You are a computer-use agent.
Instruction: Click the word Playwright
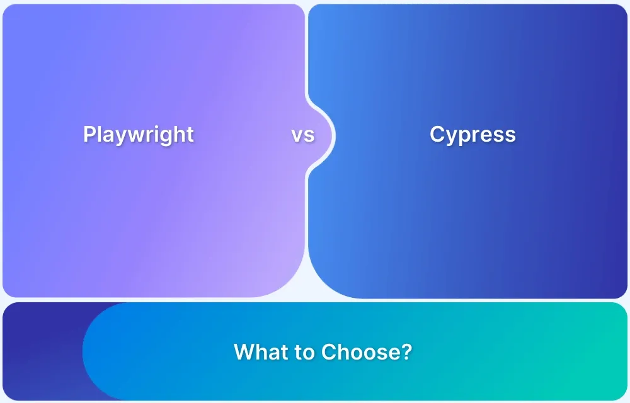pyautogui.click(x=139, y=135)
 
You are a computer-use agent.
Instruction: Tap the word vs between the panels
pyautogui.click(x=303, y=135)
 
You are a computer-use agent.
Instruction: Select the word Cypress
pyautogui.click(x=473, y=135)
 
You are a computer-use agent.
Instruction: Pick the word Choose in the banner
pyautogui.click(x=357, y=351)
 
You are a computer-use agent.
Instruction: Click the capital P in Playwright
pyautogui.click(x=89, y=133)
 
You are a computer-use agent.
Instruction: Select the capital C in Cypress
pyautogui.click(x=438, y=134)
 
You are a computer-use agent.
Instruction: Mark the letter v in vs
pyautogui.click(x=297, y=135)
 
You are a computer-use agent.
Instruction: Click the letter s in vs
pyautogui.click(x=309, y=135)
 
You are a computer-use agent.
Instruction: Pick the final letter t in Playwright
pyautogui.click(x=190, y=134)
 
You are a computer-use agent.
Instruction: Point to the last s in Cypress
pyautogui.click(x=511, y=136)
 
